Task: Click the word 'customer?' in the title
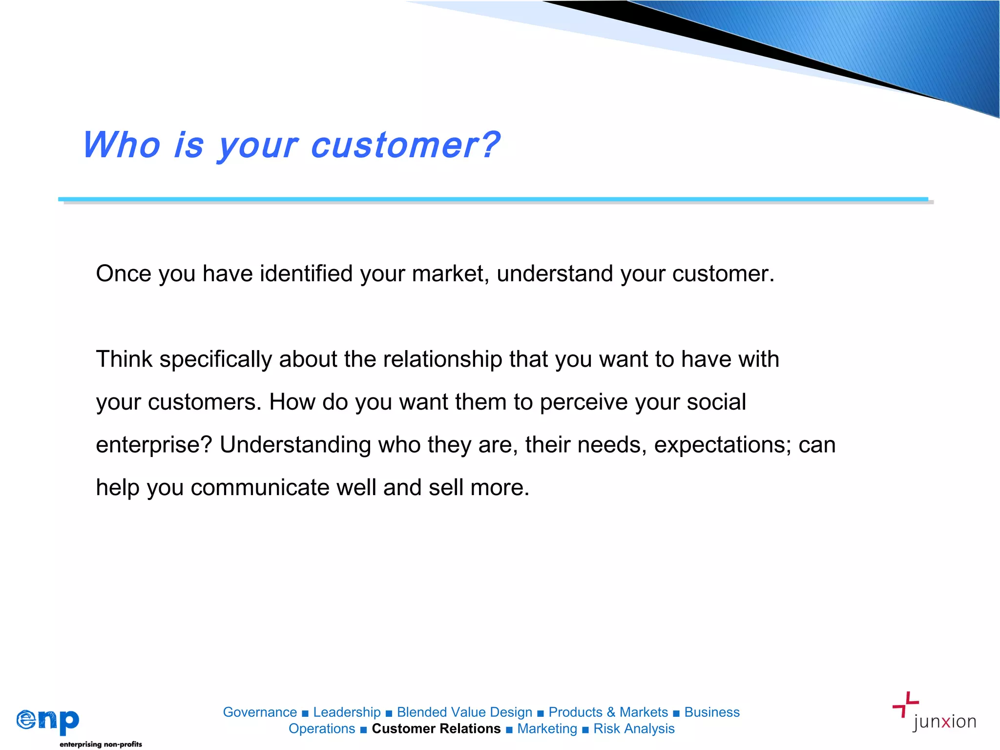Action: click(405, 146)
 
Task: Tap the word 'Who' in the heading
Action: click(122, 145)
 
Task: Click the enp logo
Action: click(48, 721)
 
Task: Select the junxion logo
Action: click(934, 712)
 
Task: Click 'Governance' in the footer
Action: click(260, 712)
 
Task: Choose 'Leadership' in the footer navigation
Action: click(347, 712)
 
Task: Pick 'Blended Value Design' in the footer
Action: click(464, 712)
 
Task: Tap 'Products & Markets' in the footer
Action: click(608, 712)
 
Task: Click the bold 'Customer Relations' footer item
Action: click(436, 729)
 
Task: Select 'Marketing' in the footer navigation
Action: click(547, 729)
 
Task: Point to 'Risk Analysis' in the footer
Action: click(634, 729)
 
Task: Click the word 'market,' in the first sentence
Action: click(450, 274)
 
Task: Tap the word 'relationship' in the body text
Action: click(442, 359)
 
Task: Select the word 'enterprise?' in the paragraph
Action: click(154, 445)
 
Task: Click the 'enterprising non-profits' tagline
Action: click(101, 744)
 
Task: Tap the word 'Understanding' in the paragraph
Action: click(295, 445)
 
